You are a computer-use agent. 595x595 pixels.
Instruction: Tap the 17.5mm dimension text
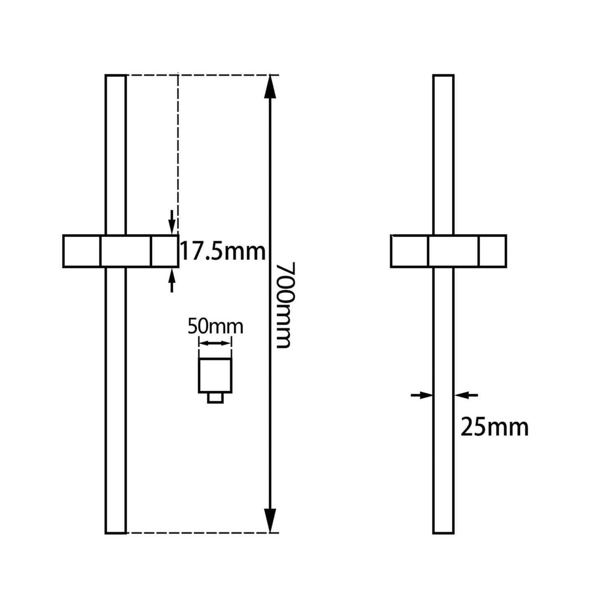point(223,251)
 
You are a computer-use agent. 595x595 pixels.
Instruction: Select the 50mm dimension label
point(215,327)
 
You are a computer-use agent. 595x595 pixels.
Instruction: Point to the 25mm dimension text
point(494,427)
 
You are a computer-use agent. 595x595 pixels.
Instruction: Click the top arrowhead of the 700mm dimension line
point(269,86)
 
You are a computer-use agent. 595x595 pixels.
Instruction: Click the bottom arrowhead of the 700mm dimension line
point(269,521)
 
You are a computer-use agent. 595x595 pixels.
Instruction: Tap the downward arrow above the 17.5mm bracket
point(172,222)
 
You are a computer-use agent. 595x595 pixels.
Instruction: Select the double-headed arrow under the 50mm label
point(215,343)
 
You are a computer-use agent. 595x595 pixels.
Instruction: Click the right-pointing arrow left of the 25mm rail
point(422,395)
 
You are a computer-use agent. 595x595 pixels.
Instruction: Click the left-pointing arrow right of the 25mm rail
point(466,395)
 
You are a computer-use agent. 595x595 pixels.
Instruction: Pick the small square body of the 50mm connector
point(215,375)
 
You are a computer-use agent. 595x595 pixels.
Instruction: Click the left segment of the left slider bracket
point(82,251)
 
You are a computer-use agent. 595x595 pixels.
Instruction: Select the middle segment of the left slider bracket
point(126,251)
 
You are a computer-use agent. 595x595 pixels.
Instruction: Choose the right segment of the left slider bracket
point(165,251)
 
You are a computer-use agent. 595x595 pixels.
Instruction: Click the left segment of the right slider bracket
point(409,251)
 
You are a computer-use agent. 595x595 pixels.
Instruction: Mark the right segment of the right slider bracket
point(492,251)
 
